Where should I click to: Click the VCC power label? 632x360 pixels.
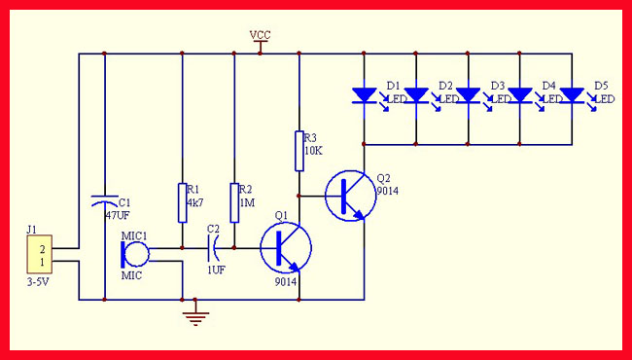pos(260,35)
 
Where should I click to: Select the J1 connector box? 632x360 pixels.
pos(40,254)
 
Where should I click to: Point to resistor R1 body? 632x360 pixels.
pos(183,202)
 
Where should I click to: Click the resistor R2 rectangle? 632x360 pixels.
pos(234,202)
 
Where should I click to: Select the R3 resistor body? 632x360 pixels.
pos(299,151)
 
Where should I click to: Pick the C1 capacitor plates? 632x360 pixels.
pos(105,200)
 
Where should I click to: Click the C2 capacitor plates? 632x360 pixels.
pos(212,248)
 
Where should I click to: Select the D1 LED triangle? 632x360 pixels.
pos(365,95)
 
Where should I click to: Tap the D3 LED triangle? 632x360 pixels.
pos(468,95)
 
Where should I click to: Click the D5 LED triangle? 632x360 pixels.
pos(572,95)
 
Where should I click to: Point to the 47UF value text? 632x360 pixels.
pos(118,214)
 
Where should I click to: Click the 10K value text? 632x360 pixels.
pos(313,152)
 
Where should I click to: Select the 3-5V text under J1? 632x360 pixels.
pos(38,282)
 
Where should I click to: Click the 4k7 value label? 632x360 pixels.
pos(195,202)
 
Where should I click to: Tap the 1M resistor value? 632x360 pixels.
pos(247,202)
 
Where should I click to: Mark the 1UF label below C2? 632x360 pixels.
pos(216,270)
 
